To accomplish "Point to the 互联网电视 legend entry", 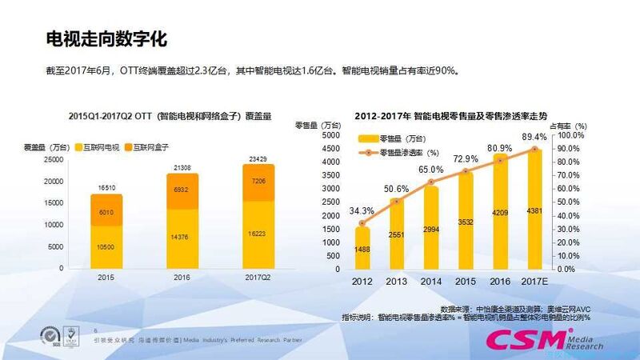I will coord(102,146).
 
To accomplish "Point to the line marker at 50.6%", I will coord(397,201).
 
